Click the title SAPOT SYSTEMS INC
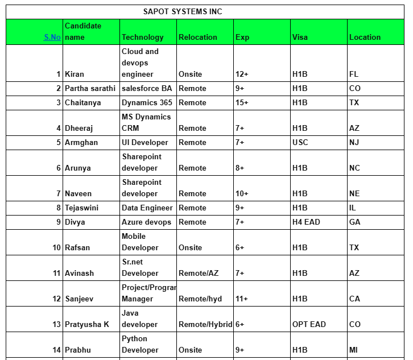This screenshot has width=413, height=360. (183, 11)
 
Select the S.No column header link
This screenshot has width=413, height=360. (52, 38)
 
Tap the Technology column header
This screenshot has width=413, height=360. (142, 38)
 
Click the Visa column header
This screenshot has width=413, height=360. (300, 38)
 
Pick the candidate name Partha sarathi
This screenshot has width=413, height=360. (90, 89)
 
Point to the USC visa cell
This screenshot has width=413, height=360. (300, 143)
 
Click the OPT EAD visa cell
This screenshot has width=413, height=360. (309, 325)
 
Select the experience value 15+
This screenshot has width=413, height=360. (242, 103)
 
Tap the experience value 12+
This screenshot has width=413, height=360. (242, 75)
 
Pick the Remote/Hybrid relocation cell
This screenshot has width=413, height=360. (205, 325)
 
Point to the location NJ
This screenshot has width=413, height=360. (354, 143)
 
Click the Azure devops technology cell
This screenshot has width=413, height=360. (146, 222)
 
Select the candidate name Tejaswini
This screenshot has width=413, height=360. (81, 208)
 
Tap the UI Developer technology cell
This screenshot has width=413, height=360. (144, 143)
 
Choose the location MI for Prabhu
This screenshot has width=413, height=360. (353, 350)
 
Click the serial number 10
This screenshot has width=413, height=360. (56, 248)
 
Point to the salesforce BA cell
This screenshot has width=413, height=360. (146, 89)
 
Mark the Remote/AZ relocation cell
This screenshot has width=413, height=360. (198, 274)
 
